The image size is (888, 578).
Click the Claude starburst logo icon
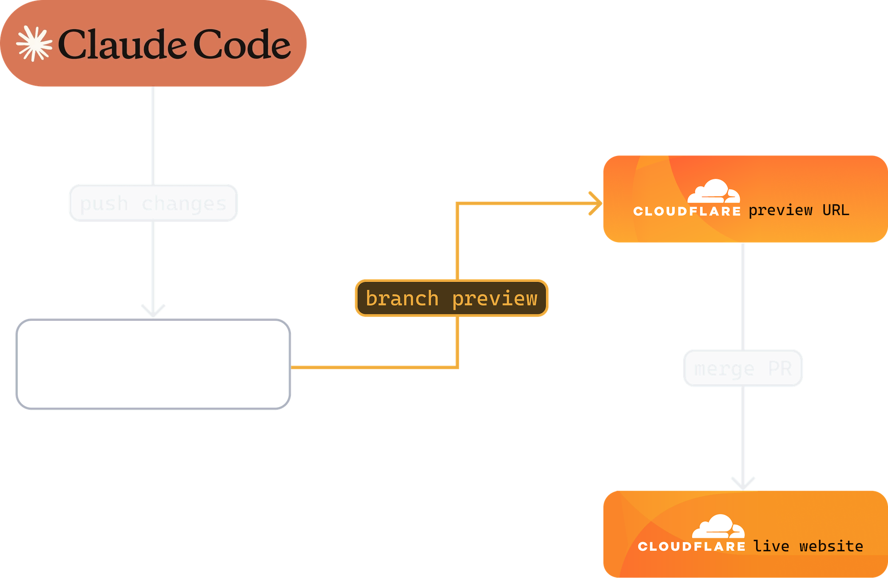(x=34, y=44)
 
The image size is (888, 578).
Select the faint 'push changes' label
(x=153, y=203)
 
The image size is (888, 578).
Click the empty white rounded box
(x=153, y=364)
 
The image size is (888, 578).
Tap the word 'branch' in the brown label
(x=402, y=298)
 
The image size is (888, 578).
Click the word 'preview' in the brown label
(x=495, y=298)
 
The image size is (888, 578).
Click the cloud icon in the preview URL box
(x=714, y=191)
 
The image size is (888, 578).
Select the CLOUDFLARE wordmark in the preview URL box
(x=687, y=211)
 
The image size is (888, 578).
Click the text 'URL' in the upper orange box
(x=836, y=210)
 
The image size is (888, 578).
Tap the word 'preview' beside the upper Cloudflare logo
(x=781, y=210)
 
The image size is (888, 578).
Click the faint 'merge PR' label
(x=743, y=368)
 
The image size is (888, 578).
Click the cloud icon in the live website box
(x=718, y=527)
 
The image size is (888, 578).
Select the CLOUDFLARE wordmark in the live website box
(x=691, y=546)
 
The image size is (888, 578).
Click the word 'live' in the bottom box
(x=771, y=546)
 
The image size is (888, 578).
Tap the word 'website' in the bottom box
(x=831, y=546)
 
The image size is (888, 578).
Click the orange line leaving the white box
(x=373, y=367)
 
